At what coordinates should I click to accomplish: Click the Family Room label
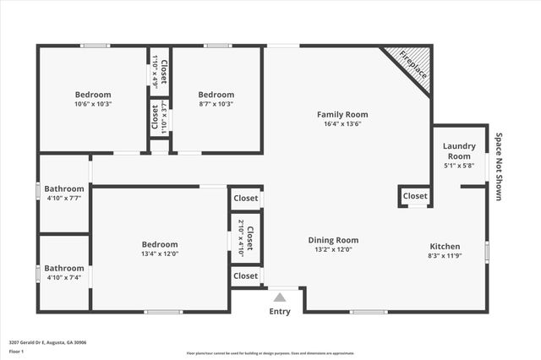[342, 114]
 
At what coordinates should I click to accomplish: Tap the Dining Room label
[333, 240]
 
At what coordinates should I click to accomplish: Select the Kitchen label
[444, 246]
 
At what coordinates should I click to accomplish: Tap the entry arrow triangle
[279, 297]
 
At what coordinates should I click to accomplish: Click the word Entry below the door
[279, 311]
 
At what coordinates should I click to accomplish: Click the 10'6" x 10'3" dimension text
[93, 104]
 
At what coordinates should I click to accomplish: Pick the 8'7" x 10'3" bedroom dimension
[216, 104]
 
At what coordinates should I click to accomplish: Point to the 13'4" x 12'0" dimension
[160, 254]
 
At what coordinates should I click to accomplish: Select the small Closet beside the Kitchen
[415, 196]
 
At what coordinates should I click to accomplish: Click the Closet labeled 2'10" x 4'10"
[246, 237]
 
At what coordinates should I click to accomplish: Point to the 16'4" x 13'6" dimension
[342, 123]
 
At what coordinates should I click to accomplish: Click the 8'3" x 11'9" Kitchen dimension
[444, 255]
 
